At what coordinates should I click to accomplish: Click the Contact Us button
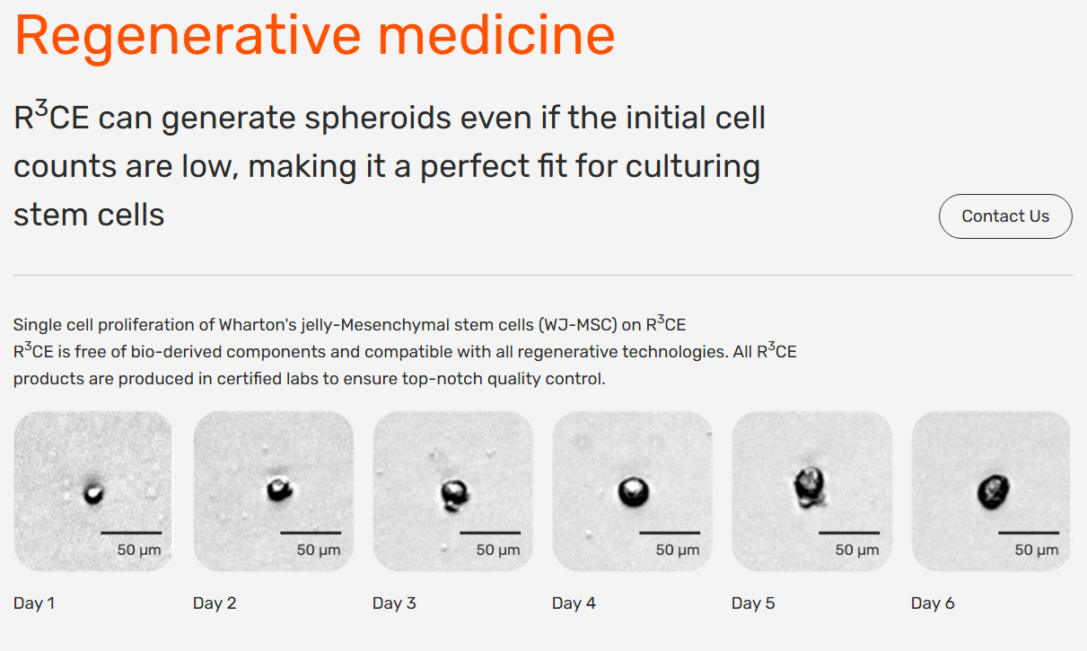[1005, 216]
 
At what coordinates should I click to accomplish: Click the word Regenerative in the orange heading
[188, 37]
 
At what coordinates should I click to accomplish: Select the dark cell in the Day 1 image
[93, 493]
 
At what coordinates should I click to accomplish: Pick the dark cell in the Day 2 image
[279, 488]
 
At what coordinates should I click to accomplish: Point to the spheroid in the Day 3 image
[454, 495]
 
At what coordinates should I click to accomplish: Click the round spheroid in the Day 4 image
[634, 492]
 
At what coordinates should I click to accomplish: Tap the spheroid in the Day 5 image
[809, 487]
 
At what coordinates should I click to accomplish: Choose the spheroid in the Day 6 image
[993, 492]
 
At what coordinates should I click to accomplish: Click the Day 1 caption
[34, 603]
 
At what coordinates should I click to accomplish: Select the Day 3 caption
[394, 603]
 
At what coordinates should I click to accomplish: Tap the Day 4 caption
[574, 603]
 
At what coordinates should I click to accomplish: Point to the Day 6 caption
[933, 603]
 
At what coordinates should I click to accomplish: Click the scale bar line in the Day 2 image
[311, 532]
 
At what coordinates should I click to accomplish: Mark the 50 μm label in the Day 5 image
[857, 550]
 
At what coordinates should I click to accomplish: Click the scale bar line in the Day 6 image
[1029, 532]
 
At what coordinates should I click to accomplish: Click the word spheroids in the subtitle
[378, 119]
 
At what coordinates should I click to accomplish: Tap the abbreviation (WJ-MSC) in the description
[577, 324]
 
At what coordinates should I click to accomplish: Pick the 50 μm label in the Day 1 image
[139, 550]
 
